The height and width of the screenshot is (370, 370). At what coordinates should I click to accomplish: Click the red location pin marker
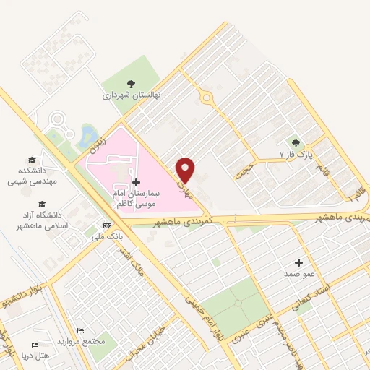pos(186,169)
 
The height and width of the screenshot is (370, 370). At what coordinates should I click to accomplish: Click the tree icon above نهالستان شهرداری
pos(131,84)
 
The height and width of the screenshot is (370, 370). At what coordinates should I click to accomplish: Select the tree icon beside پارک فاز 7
pos(295,142)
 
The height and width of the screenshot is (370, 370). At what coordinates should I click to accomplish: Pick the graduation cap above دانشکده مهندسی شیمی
pos(31,160)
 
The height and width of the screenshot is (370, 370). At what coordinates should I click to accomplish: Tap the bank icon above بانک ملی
pos(108,225)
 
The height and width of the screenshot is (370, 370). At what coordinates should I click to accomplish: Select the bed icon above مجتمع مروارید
pos(80,330)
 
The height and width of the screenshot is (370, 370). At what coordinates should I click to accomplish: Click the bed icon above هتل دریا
pos(34,345)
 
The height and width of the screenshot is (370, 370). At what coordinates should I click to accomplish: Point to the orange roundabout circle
pos(207,97)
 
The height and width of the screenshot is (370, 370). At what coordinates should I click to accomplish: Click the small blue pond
pos(89,134)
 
